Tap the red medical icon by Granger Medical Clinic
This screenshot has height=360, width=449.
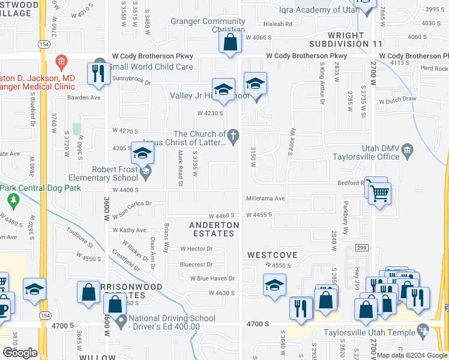click(60, 61)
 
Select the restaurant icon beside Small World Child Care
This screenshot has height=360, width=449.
click(96, 73)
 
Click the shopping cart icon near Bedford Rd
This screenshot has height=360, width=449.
click(379, 193)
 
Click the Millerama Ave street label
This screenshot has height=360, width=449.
click(265, 199)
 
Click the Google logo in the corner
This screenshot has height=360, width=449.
click(20, 352)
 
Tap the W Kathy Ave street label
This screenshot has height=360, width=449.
click(129, 230)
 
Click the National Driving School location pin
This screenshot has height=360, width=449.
click(121, 322)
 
